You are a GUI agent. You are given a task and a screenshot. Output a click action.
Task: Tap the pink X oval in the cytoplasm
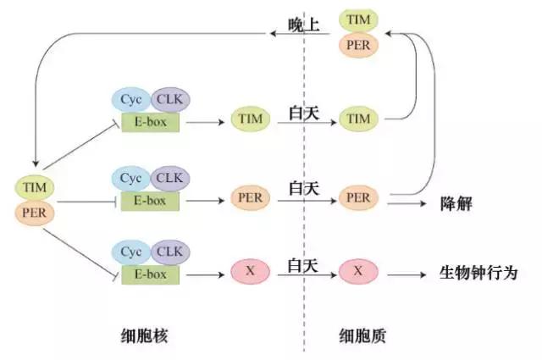(358, 272)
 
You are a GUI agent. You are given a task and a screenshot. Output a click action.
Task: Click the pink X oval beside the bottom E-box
(250, 272)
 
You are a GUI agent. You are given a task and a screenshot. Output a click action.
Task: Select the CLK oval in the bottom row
(170, 252)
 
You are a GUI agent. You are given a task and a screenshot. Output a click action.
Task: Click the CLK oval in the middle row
(170, 179)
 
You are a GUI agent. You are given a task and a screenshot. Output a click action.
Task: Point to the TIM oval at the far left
(34, 186)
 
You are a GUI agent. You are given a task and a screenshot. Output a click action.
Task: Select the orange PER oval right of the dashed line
(358, 197)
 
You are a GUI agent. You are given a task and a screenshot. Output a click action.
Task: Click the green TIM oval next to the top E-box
(251, 119)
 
